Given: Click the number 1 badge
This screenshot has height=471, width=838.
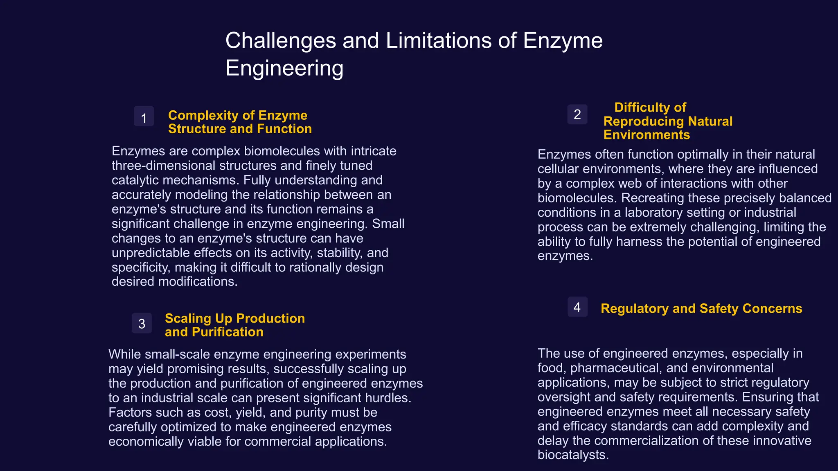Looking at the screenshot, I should [x=144, y=117].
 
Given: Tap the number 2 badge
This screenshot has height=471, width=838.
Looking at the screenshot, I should [x=577, y=114].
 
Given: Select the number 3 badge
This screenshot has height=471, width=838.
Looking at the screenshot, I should [x=142, y=323].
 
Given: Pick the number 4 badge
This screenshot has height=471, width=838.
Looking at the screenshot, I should [x=577, y=307].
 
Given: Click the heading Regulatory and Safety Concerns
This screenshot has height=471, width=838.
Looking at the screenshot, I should [x=701, y=308].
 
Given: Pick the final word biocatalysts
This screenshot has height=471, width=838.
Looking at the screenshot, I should [x=573, y=455].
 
